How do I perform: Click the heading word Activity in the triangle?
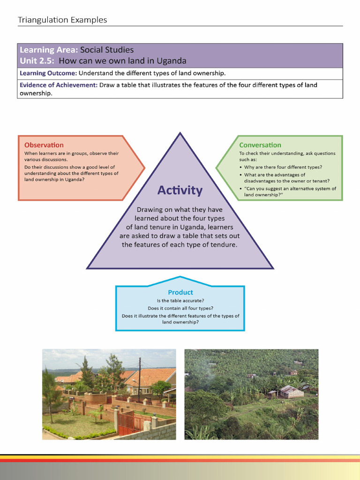pyautogui.click(x=180, y=190)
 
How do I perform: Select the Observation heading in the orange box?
pyautogui.click(x=44, y=145)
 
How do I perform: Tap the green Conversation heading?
pyautogui.click(x=260, y=145)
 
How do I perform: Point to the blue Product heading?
pyautogui.click(x=180, y=292)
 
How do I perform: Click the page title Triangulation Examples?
pyautogui.click(x=62, y=20)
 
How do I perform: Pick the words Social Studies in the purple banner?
pyautogui.click(x=107, y=50)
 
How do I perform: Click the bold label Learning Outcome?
pyautogui.click(x=48, y=73)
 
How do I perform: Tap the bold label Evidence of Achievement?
pyautogui.click(x=59, y=85)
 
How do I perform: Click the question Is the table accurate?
pyautogui.click(x=180, y=300)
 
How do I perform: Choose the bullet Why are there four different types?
pyautogui.click(x=283, y=167)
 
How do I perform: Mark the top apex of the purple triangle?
pyautogui.click(x=180, y=134)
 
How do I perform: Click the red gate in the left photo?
pyautogui.click(x=126, y=423)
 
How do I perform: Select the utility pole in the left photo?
pyautogui.click(x=139, y=380)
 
